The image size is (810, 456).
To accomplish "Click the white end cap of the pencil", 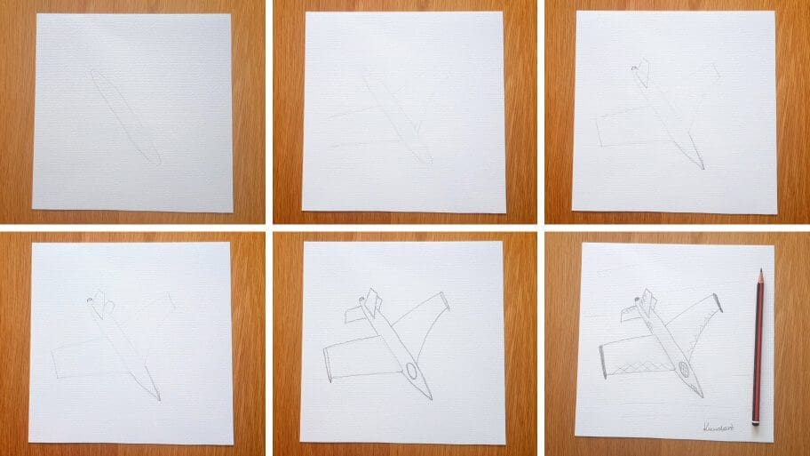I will pos(756,422).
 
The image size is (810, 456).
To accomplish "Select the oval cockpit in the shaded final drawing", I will pos(683,368).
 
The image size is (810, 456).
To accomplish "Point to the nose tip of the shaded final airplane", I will pos(702,396).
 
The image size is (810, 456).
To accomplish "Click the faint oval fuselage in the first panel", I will pos(124,116).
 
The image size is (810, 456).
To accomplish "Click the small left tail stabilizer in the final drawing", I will pos(630,311).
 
